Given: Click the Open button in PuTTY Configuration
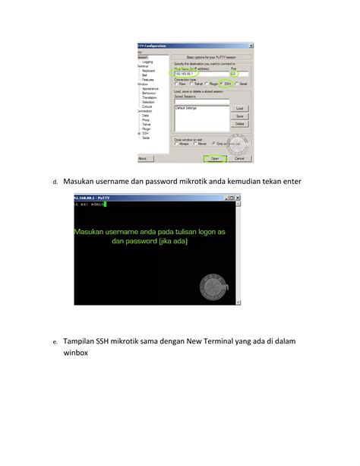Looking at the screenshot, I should [x=215, y=159].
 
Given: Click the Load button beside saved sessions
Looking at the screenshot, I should [x=239, y=109].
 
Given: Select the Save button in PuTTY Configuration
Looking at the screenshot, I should [x=239, y=116].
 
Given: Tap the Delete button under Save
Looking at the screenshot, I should [x=239, y=123].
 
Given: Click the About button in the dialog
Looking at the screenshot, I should [x=142, y=159].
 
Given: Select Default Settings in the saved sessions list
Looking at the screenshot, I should [x=187, y=108].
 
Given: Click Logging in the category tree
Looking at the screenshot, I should [x=147, y=62].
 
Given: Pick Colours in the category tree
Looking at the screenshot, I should [x=147, y=106].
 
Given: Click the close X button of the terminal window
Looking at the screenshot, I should [x=237, y=197].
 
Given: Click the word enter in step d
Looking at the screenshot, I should [x=289, y=181].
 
